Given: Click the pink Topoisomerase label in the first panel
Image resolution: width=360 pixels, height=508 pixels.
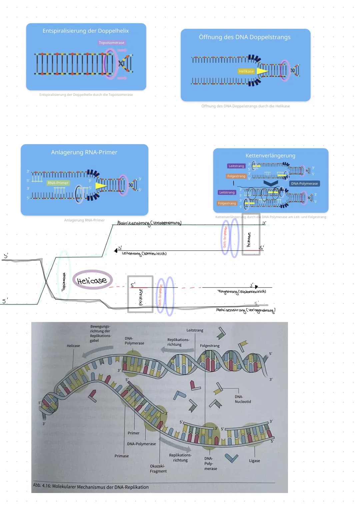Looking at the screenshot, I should coord(111,43).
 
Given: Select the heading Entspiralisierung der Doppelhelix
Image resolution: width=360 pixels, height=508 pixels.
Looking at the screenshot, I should coord(86,31).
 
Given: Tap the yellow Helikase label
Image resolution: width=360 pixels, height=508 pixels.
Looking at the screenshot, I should coord(246,71).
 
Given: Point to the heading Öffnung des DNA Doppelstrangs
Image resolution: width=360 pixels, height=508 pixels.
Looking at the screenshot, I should coord(245,37).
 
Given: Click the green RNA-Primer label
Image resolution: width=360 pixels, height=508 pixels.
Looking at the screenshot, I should coord(58,183).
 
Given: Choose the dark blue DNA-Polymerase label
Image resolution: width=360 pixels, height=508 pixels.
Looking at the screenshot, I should coord(304,184).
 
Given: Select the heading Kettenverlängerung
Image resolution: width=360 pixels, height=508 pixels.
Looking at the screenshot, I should coord(270,156).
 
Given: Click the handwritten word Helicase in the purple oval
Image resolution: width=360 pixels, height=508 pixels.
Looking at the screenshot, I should coord(92,280).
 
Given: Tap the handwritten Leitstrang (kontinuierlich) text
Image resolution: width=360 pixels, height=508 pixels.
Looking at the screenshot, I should coord(144,254).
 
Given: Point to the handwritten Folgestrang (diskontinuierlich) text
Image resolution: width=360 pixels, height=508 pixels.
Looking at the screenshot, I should coord(242,292).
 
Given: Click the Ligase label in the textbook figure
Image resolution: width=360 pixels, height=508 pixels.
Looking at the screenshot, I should coord(254,461).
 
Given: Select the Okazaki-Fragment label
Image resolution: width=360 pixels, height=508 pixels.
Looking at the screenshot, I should coord(158,469).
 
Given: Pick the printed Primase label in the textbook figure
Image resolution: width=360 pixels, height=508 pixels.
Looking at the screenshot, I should coord(122,456).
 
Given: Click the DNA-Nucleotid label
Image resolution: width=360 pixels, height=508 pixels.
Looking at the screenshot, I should coord(243,399).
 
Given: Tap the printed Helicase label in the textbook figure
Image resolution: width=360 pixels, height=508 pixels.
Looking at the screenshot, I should coord(73,346).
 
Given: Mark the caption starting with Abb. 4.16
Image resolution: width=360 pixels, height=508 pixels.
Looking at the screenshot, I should coord(91,487).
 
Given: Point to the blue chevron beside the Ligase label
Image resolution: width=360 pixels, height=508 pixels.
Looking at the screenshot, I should coord(231,458).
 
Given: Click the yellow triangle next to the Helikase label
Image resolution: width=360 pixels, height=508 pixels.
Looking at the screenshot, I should coord(262,71).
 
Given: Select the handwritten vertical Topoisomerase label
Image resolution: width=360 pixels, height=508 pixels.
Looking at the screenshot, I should coord(64,282).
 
